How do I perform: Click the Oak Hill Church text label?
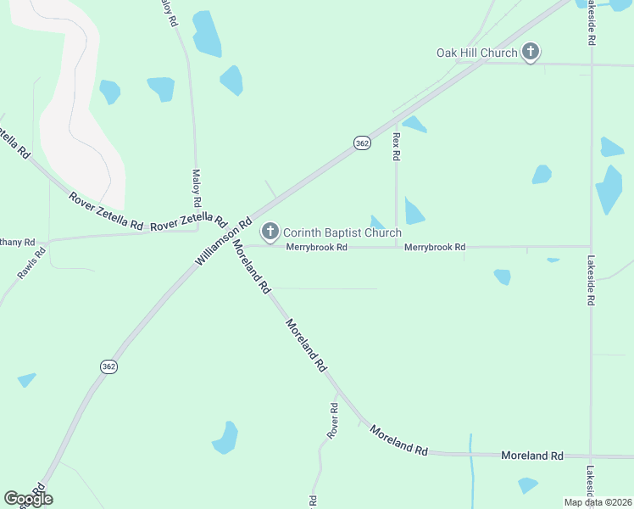(x=476, y=53)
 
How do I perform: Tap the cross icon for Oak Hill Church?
(x=530, y=53)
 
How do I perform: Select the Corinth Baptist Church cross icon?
(x=270, y=231)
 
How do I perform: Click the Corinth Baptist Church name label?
(x=342, y=232)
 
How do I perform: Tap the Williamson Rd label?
(x=224, y=242)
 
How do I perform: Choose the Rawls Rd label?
(x=31, y=264)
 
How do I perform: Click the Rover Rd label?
(x=333, y=422)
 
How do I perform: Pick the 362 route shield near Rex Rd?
(x=363, y=143)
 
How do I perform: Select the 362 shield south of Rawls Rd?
(x=108, y=366)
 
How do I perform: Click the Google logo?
(x=28, y=499)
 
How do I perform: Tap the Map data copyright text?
(x=598, y=502)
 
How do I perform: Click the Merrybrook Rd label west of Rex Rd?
(x=316, y=247)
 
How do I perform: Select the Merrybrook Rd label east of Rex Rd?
(x=435, y=247)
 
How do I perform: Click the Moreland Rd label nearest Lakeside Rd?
(x=532, y=456)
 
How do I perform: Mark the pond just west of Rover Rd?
(x=226, y=437)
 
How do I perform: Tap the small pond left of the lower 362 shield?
(x=26, y=380)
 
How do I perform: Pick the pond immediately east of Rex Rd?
(x=414, y=210)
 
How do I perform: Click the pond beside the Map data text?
(x=528, y=485)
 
